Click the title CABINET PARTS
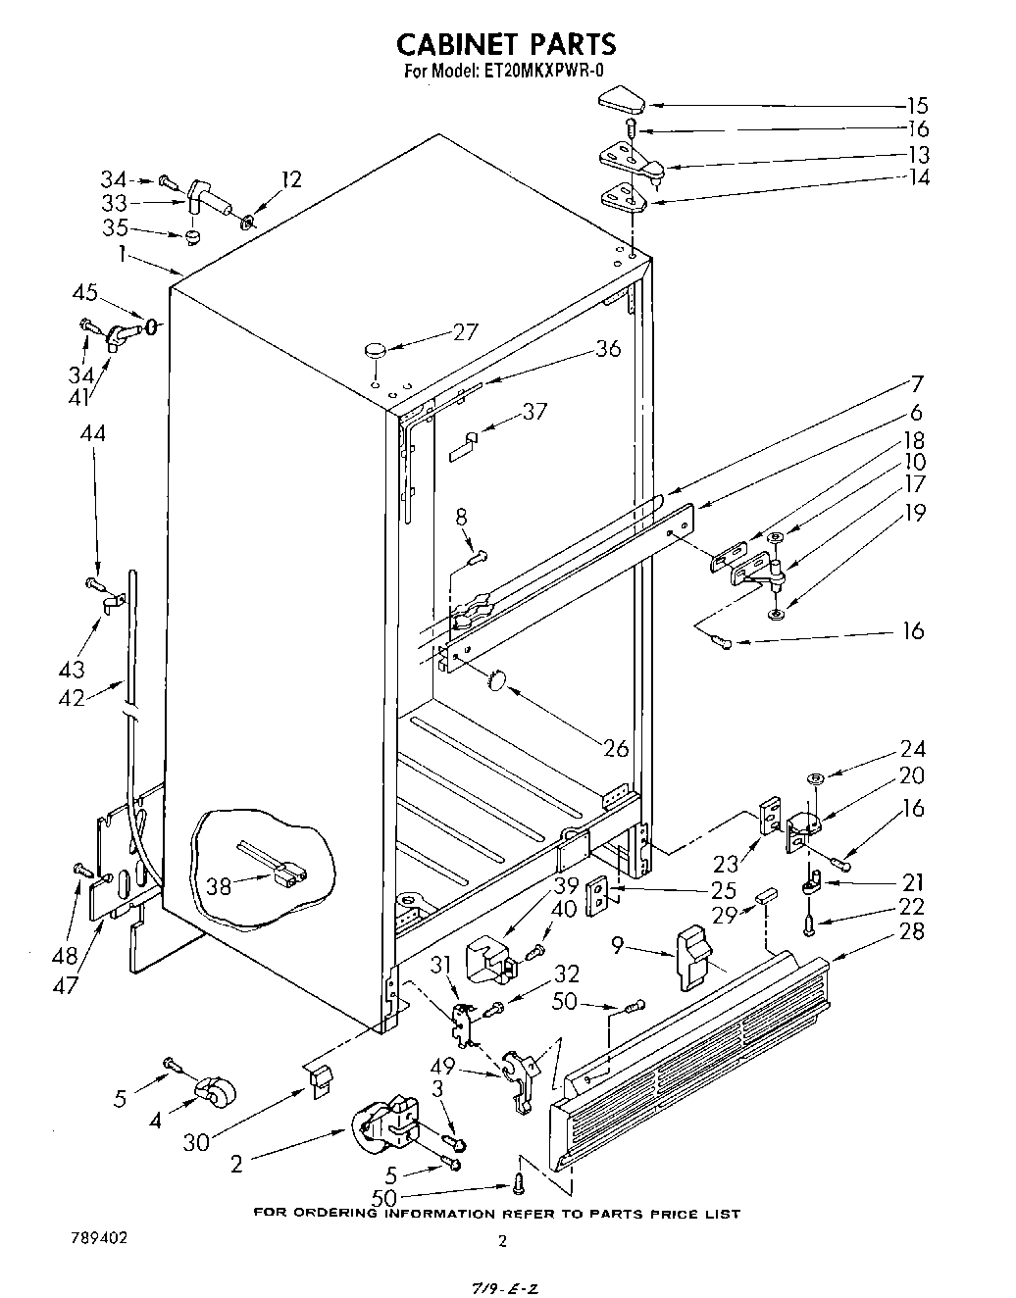[x=506, y=43]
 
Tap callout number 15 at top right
[x=916, y=106]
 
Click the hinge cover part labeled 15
[x=619, y=99]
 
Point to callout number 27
[x=465, y=331]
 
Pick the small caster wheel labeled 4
[x=209, y=1089]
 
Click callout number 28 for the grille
[x=911, y=929]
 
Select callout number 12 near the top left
[x=290, y=179]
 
